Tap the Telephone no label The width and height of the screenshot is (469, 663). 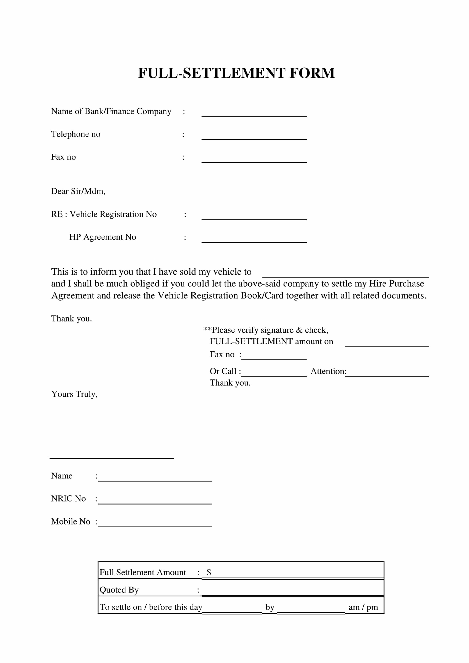[x=76, y=134]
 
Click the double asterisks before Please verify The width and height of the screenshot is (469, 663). [x=207, y=329]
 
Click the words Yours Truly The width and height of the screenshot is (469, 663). [x=74, y=394]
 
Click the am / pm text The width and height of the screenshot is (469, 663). [x=363, y=607]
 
